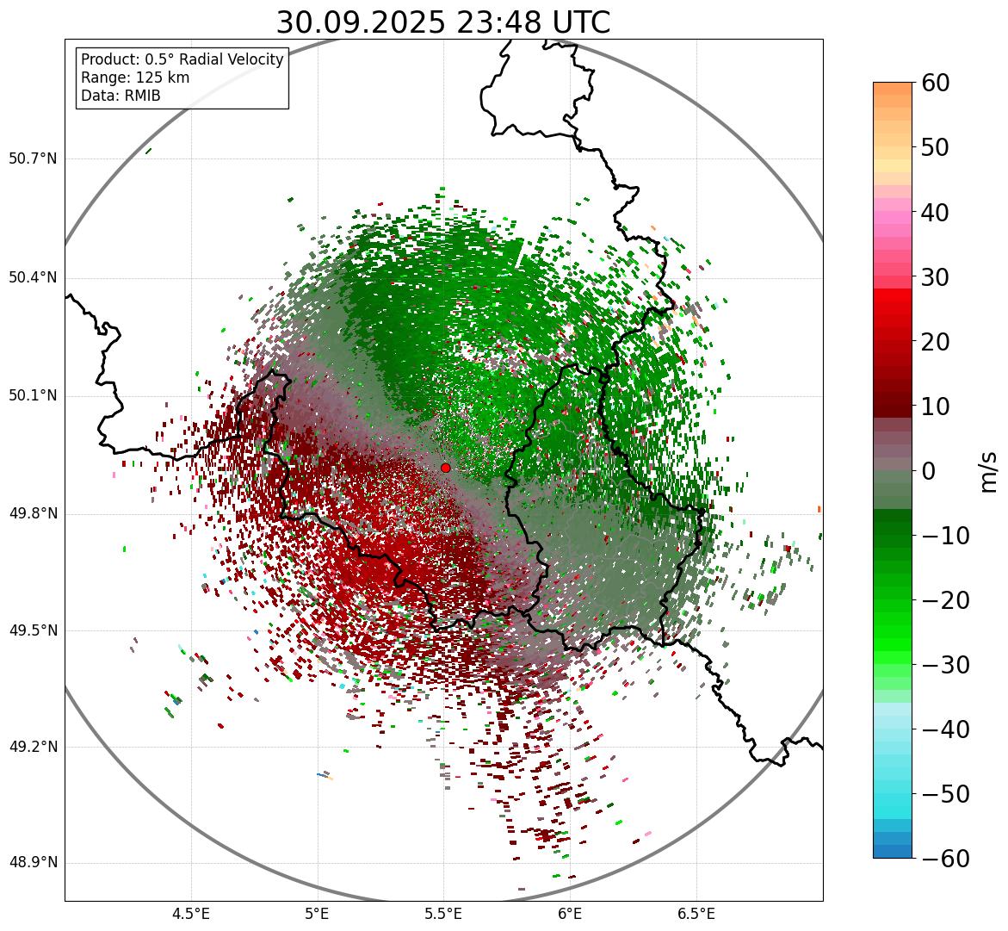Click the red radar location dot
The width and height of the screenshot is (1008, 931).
445,468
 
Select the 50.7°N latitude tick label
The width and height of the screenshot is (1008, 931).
33,159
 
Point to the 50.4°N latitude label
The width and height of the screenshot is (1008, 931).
33,278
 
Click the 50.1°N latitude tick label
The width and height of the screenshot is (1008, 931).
33,396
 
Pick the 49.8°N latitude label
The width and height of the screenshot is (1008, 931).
33,514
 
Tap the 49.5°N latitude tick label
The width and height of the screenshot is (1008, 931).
33,631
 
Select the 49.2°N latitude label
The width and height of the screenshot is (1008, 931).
33,748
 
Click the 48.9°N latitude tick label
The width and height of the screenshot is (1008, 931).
33,864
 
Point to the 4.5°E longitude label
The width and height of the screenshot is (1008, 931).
191,914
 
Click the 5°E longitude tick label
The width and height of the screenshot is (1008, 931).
318,914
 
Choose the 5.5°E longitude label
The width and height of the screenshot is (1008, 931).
444,914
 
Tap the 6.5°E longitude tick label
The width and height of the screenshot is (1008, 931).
696,914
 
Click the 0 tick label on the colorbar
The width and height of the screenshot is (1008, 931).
929,471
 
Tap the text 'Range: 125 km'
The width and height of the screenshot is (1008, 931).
135,78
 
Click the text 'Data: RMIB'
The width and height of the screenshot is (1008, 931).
121,96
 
